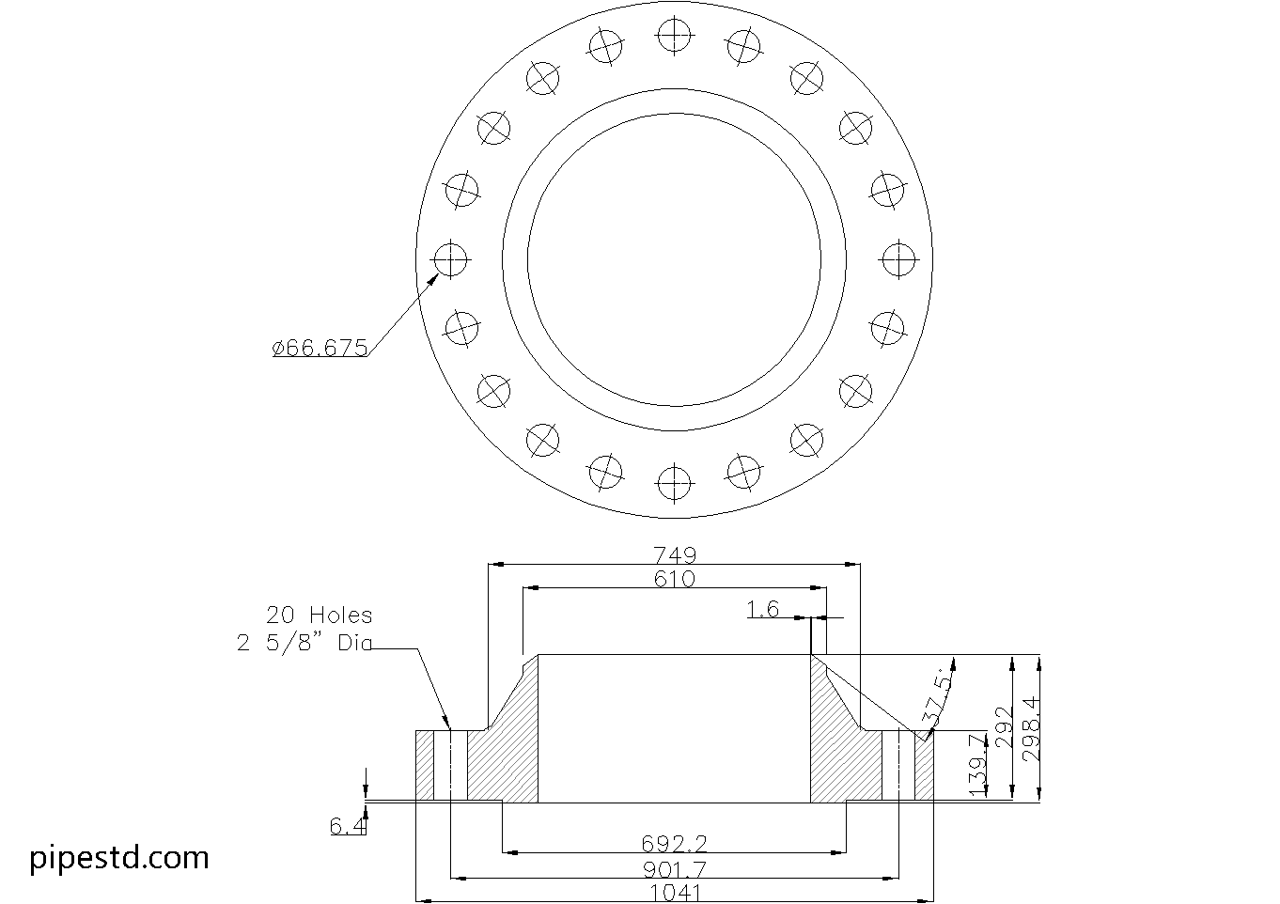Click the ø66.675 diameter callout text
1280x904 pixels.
320,348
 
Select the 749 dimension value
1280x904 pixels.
675,554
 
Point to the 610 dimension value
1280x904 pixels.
675,580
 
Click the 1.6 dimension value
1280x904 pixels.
763,610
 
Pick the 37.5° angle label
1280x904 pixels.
937,700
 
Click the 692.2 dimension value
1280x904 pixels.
674,844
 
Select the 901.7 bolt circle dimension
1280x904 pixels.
675,870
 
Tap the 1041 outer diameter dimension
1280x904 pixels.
675,893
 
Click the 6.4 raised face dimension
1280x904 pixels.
348,826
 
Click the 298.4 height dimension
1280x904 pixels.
1032,729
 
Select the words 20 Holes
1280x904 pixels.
319,616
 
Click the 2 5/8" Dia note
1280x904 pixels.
304,644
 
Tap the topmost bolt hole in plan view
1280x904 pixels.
674,35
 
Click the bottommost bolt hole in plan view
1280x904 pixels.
674,483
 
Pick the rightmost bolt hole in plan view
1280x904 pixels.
898,259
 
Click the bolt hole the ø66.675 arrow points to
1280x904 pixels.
450,259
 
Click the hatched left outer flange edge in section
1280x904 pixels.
425,765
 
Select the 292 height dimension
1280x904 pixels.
1004,728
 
